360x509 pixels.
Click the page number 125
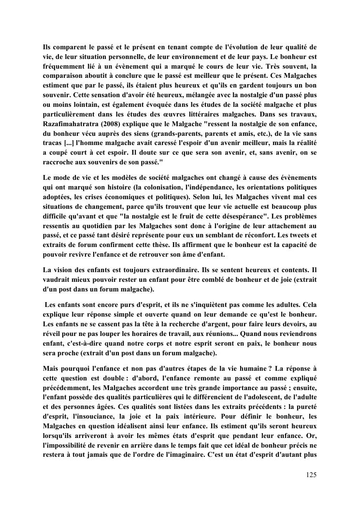(311, 475)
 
